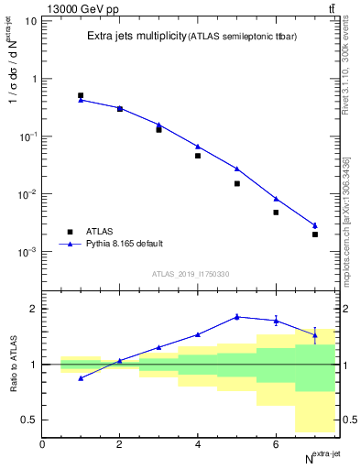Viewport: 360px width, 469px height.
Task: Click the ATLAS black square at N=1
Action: (81, 95)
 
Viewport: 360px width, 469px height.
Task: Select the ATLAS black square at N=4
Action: (198, 156)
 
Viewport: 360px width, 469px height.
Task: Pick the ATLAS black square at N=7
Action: (314, 234)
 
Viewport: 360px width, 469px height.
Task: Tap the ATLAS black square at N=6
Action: (276, 213)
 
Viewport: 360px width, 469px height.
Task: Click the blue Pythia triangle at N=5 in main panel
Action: (236, 169)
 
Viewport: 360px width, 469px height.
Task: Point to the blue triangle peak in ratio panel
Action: (236, 316)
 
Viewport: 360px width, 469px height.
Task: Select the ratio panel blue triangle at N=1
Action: (81, 377)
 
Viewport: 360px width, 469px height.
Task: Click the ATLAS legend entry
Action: (97, 232)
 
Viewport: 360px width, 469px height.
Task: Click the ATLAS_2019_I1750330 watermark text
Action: (191, 274)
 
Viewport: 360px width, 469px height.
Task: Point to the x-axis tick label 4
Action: (198, 444)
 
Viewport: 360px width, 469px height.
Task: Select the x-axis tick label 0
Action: (42, 444)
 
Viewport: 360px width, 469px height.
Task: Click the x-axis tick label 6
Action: (276, 444)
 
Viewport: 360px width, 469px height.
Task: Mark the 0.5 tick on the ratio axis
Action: (29, 420)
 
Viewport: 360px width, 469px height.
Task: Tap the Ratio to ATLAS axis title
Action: (13, 364)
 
